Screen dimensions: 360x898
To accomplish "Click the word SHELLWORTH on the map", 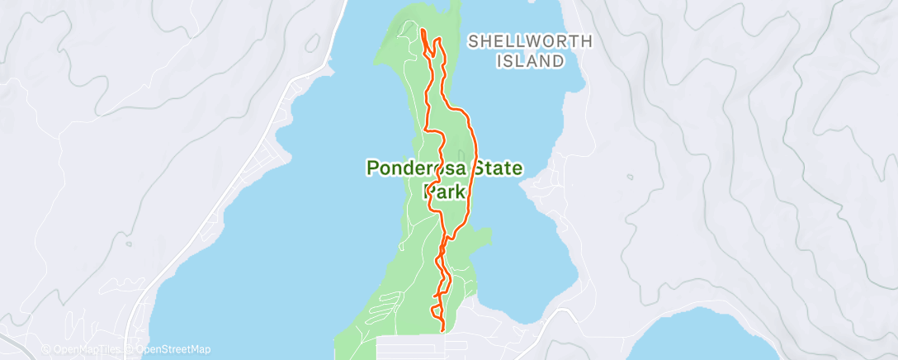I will (x=518, y=41).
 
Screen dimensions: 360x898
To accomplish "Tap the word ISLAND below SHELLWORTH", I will (x=531, y=60).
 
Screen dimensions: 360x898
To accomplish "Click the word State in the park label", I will (x=492, y=168).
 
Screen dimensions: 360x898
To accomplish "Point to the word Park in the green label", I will (x=446, y=192).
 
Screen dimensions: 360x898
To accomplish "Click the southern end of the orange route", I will (x=444, y=329).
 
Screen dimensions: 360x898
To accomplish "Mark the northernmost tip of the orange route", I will (x=422, y=31).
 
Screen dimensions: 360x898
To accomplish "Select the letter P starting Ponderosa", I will (x=372, y=168).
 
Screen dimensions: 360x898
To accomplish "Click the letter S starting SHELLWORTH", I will (x=473, y=41).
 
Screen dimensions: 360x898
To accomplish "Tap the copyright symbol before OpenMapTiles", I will (x=45, y=350).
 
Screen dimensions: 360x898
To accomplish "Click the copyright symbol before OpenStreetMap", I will (x=129, y=350).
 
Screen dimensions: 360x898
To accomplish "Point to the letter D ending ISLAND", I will (x=559, y=60).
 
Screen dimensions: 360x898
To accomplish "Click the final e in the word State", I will (x=517, y=169).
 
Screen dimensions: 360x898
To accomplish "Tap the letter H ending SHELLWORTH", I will (x=564, y=41).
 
